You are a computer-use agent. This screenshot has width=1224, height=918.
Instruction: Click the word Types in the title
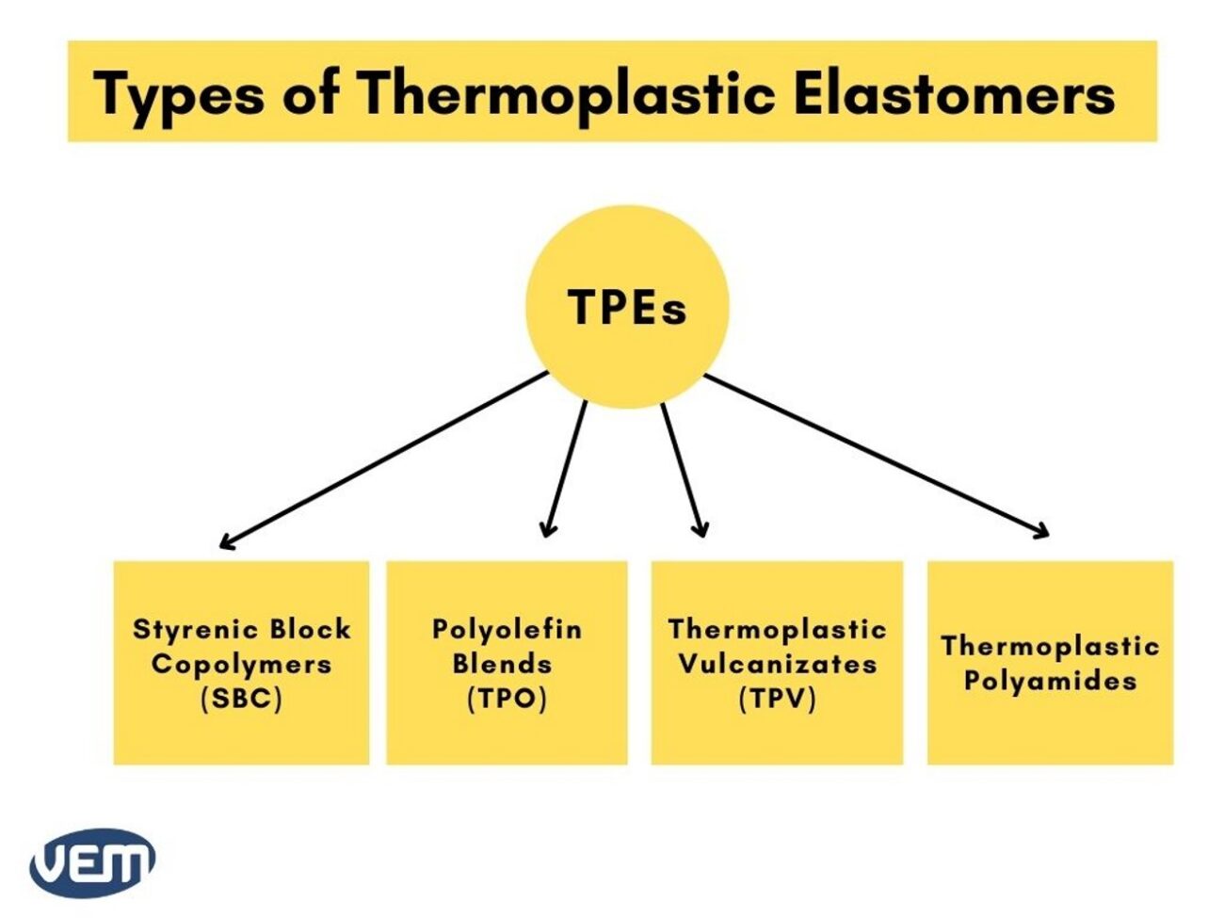click(x=178, y=94)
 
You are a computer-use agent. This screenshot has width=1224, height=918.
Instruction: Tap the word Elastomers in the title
click(x=953, y=94)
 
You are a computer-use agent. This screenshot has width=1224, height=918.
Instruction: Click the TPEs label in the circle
click(x=627, y=308)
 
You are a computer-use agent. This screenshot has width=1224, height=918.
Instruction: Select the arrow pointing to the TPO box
click(x=566, y=468)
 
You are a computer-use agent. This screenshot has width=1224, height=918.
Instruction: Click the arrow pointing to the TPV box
click(x=683, y=468)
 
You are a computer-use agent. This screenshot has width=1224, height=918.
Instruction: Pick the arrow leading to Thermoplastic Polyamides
click(x=876, y=456)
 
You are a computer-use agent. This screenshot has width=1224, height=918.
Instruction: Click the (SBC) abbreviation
click(x=241, y=700)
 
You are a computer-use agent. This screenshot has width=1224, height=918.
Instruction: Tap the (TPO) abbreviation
click(x=507, y=700)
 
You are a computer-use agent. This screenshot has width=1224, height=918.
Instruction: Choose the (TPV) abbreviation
click(x=777, y=700)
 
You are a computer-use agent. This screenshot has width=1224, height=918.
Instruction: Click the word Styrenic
click(x=195, y=629)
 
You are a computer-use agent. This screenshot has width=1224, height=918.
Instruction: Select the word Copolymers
click(x=241, y=664)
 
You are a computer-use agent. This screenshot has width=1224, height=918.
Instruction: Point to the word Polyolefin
click(x=507, y=629)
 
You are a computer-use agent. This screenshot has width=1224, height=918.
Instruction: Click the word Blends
click(x=502, y=664)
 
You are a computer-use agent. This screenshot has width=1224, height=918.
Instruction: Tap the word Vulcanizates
click(x=777, y=664)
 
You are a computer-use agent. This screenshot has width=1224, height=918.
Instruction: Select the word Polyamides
click(x=1050, y=681)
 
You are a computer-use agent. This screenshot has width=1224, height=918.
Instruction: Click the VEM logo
click(x=92, y=862)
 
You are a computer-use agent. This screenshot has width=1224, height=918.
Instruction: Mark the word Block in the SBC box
click(x=310, y=629)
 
